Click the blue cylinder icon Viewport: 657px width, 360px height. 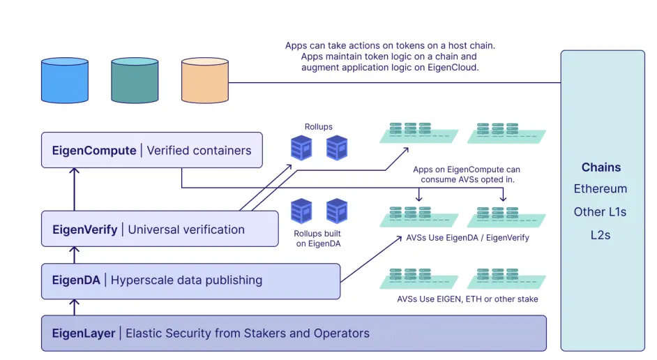[x=65, y=80]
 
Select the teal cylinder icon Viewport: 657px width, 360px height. [x=135, y=80]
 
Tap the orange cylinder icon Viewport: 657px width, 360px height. [x=204, y=80]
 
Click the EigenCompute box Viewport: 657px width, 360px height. [x=151, y=150]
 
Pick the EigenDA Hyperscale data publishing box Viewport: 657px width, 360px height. [x=190, y=280]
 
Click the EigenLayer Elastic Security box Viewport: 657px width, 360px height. [x=294, y=333]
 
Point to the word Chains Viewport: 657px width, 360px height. [x=601, y=167]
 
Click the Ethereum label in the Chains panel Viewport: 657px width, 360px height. [x=601, y=189]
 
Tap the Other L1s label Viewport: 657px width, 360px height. [x=601, y=212]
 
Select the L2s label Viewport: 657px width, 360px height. [x=601, y=235]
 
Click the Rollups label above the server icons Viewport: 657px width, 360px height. [x=318, y=127]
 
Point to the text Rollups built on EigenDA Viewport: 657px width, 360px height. [x=317, y=238]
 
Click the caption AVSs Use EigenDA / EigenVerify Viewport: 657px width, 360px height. [x=467, y=238]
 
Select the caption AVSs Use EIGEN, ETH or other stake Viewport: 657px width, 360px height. [x=467, y=299]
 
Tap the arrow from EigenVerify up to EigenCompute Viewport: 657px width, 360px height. [x=75, y=189]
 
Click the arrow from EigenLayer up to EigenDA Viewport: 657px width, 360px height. [x=75, y=306]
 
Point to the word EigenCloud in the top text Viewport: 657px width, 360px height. [x=454, y=68]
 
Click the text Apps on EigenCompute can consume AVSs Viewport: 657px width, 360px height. [x=466, y=174]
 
